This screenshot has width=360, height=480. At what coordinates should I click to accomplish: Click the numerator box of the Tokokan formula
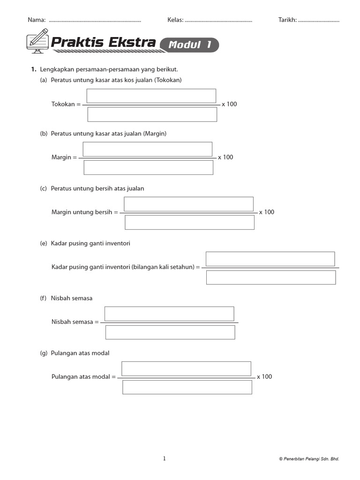151,96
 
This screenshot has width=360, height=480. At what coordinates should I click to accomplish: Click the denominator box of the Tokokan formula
152,114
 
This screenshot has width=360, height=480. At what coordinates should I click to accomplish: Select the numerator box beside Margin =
147,149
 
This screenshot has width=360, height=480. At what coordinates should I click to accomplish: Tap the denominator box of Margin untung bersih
189,222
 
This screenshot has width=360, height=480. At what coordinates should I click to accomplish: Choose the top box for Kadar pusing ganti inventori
270,259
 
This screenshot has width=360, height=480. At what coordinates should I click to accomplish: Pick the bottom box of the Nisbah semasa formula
170,332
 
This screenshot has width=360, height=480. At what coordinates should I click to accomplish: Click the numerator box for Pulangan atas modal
186,368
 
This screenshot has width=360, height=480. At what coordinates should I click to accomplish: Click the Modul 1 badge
189,45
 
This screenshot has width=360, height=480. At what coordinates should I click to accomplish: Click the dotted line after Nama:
95,21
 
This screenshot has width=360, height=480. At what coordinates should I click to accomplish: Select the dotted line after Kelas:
218,21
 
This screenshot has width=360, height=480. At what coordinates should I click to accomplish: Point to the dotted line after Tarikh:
319,21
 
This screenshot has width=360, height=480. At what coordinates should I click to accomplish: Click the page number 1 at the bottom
164,459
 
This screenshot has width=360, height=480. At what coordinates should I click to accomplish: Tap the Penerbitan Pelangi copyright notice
309,459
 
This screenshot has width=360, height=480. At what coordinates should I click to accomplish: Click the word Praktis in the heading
77,43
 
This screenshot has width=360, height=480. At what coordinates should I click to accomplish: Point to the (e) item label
44,243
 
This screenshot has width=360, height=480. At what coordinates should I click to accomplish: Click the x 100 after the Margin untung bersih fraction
267,212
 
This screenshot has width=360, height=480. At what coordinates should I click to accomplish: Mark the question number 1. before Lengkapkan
34,69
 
